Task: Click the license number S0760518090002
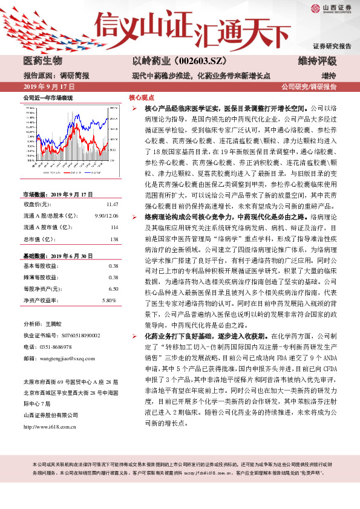tap(75, 334)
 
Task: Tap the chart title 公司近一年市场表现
tap(47, 97)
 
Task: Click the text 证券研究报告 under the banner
tap(332, 46)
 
